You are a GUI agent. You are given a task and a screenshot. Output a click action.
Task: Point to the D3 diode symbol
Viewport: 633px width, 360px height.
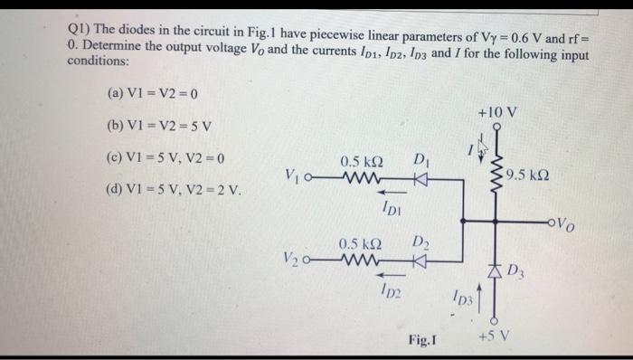[x=495, y=269]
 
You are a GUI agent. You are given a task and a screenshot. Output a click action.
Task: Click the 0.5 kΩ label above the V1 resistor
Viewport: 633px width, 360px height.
[x=361, y=162]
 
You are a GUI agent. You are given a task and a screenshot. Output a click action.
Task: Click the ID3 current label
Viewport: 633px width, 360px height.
[x=462, y=298]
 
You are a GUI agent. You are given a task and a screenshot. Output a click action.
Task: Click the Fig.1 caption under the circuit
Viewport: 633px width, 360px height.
[x=424, y=339]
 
